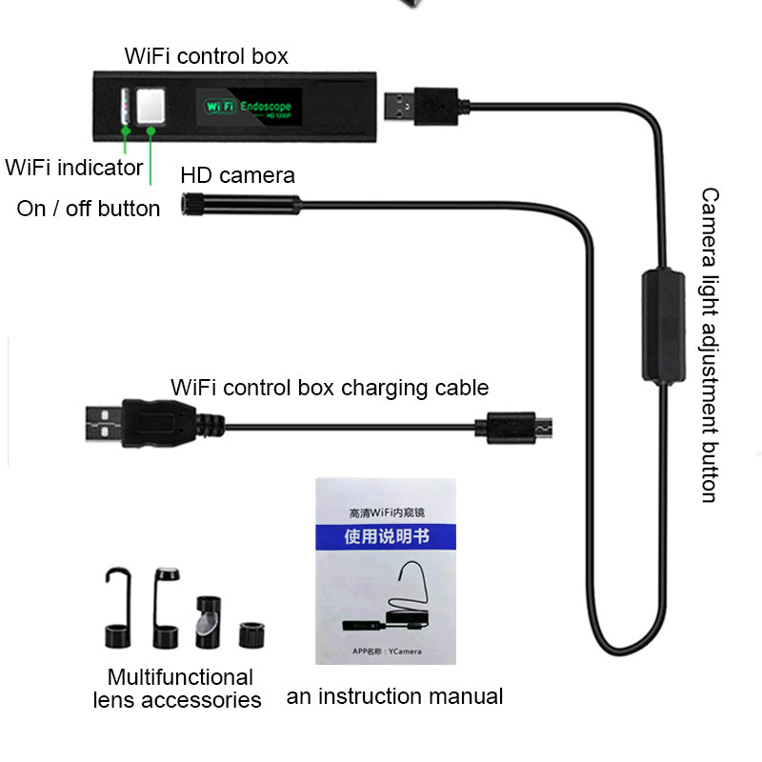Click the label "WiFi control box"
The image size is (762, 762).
coord(206,56)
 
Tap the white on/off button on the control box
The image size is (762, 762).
coord(149,108)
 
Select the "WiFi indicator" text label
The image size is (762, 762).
coord(74,169)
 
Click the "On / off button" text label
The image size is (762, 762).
coord(89,209)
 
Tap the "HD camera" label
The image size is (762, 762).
coord(237,175)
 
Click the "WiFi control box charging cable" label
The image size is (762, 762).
coord(330,388)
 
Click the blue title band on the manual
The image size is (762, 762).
coord(386,537)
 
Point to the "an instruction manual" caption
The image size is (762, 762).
coord(394,696)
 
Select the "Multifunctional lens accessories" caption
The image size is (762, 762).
coord(178,689)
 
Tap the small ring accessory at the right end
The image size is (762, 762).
coord(251,633)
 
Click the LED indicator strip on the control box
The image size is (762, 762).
coord(125,109)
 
